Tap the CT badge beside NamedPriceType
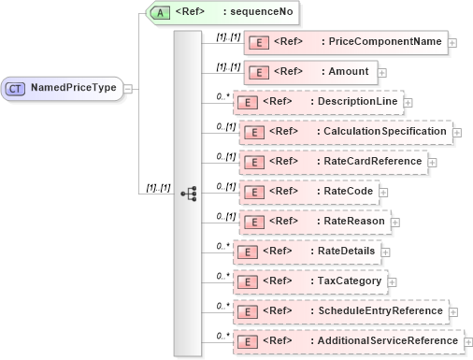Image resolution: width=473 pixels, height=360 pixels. [x=17, y=88]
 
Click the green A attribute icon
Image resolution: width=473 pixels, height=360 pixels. [x=162, y=13]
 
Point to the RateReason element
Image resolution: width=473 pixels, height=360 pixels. [x=315, y=222]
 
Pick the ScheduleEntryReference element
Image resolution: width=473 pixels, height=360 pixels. [x=340, y=311]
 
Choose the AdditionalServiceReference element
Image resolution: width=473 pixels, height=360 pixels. [x=347, y=341]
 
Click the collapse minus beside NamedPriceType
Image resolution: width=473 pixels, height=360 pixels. [x=128, y=89]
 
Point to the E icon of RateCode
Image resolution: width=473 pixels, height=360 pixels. [x=250, y=192]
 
